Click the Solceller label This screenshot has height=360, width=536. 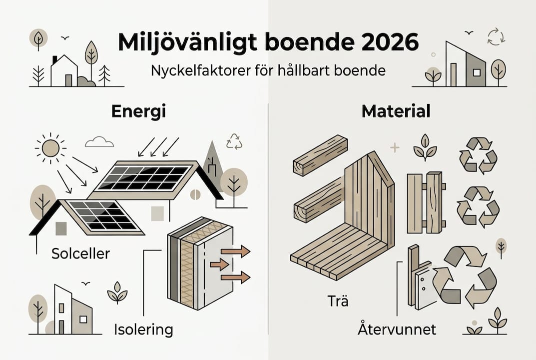coord(80,253)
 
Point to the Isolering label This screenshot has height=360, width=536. coord(143,329)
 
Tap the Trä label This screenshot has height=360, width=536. coord(339,301)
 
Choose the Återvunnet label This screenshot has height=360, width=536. coord(397,329)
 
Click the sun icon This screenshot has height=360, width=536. coord(50,147)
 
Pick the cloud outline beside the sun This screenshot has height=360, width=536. coord(99,142)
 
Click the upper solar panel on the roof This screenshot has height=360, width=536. coord(144,178)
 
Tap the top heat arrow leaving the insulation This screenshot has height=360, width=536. coord(237,251)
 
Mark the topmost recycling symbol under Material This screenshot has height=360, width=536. coord(478,156)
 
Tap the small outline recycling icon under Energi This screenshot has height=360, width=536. coord(234,141)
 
